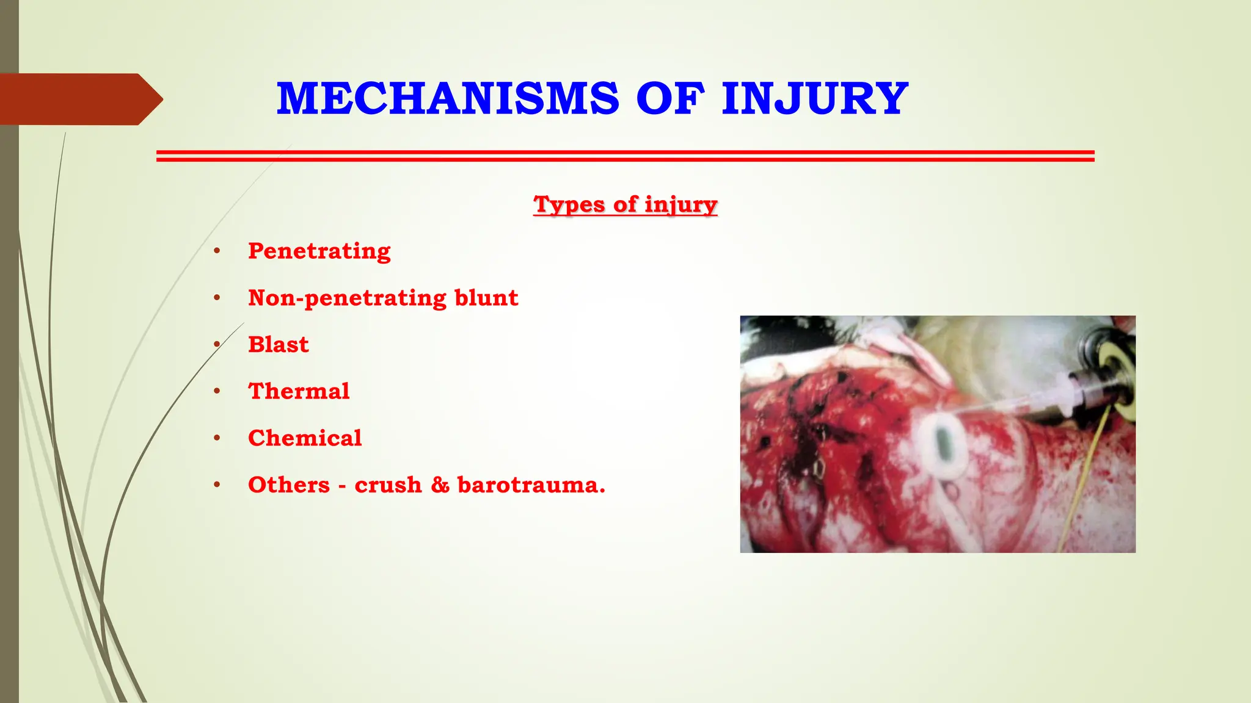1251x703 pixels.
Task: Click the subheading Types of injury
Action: (x=625, y=204)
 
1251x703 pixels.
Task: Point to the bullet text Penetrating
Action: (x=319, y=251)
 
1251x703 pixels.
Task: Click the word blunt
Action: (x=486, y=298)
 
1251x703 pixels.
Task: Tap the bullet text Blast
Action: (x=278, y=345)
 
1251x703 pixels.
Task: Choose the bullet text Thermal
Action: (x=299, y=391)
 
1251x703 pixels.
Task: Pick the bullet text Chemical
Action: (x=305, y=438)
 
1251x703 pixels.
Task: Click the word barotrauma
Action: (x=531, y=485)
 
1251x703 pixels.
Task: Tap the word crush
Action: (x=388, y=485)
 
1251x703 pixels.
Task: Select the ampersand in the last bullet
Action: (x=440, y=485)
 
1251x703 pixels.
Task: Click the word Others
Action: (x=289, y=485)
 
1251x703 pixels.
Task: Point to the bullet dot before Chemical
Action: (x=217, y=438)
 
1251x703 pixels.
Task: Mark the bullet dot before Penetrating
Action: (x=217, y=251)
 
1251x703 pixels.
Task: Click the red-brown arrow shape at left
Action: (x=79, y=99)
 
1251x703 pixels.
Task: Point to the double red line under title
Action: (x=625, y=156)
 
